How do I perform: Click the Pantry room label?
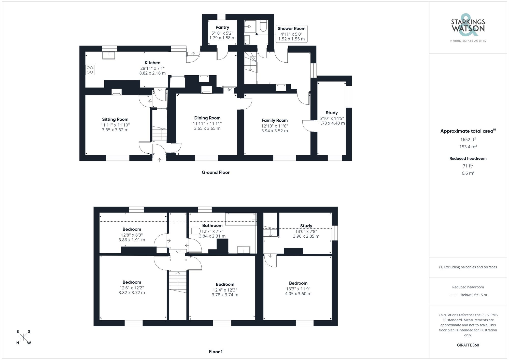[x=222, y=27]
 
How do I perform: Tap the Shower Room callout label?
[x=291, y=29]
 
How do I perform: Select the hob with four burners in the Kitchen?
[x=90, y=70]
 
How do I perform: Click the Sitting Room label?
[x=115, y=119]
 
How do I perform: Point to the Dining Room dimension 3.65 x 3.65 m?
[x=207, y=128]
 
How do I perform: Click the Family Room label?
[x=274, y=120]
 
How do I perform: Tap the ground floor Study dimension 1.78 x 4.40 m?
[x=332, y=123]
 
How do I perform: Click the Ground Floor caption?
[x=216, y=172]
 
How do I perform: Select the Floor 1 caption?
[x=216, y=352]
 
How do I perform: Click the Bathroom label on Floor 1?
[x=212, y=226]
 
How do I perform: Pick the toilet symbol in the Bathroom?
[x=195, y=231]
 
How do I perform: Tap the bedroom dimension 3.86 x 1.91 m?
[x=132, y=240]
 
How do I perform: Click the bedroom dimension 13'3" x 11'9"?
[x=298, y=289]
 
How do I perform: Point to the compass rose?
[x=23, y=337]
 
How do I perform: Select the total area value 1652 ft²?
[x=468, y=139]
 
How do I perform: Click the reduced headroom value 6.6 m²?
[x=468, y=173]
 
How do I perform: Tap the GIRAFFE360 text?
[x=468, y=345]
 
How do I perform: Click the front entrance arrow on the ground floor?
[x=159, y=160]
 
